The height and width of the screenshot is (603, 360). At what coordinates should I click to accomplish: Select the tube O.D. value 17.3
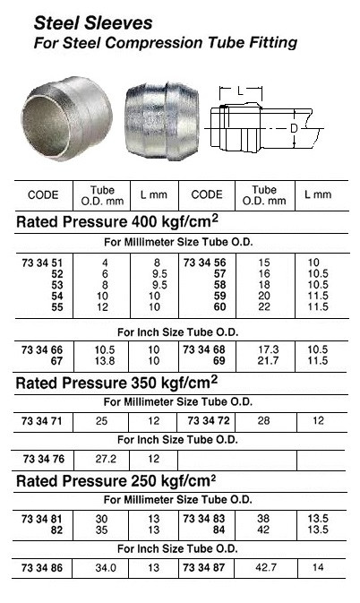click(x=264, y=349)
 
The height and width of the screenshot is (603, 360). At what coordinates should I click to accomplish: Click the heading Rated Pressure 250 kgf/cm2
click(x=117, y=482)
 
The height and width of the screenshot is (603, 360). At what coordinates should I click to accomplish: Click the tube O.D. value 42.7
click(x=264, y=567)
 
